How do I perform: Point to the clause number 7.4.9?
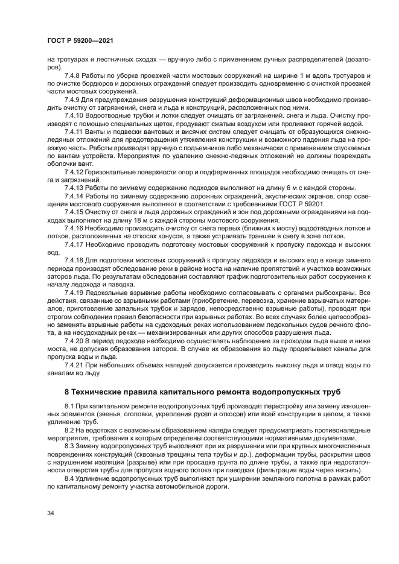73,98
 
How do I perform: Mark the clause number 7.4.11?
74,131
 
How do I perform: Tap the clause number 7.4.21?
74,366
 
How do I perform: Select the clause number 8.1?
71,407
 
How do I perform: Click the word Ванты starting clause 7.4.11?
100,131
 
